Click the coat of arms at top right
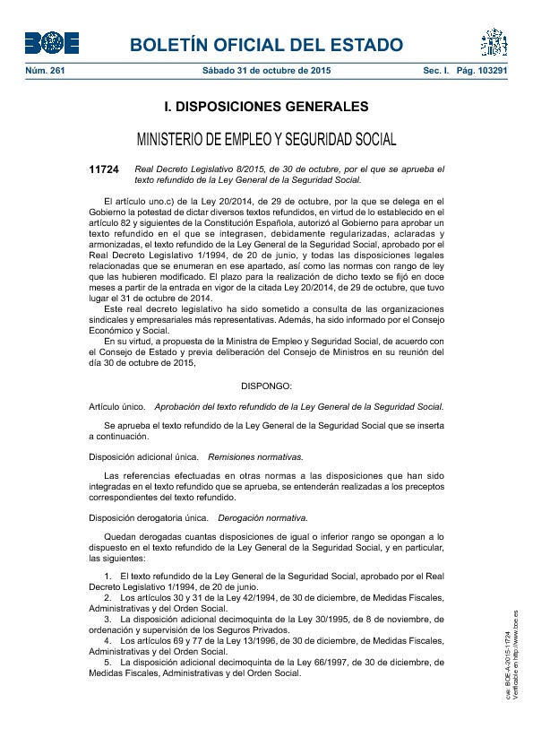coord(494,42)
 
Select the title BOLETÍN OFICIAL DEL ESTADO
coord(266,45)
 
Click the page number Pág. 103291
coord(482,70)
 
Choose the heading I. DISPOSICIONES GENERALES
coord(266,108)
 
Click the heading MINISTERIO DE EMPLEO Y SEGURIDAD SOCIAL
coord(266,140)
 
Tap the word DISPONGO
coord(266,386)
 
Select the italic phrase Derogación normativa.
coord(263,517)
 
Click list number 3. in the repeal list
coord(108,619)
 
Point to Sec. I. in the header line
coord(435,70)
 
